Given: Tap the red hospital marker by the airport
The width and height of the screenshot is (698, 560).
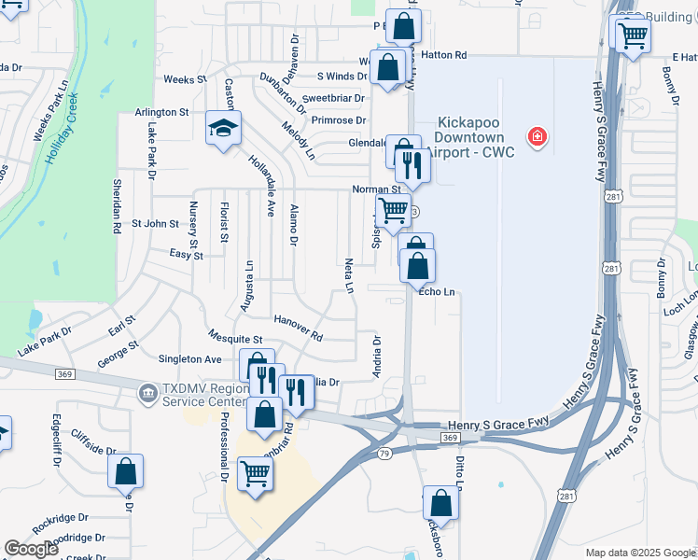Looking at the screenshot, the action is [x=537, y=138].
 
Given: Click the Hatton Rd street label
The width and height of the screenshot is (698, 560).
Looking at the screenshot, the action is [x=443, y=55].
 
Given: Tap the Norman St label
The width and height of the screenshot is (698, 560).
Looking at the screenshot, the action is [x=376, y=189].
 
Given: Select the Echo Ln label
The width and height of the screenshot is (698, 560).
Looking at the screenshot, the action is [x=437, y=291].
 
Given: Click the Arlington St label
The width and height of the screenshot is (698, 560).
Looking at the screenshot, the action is [x=161, y=112].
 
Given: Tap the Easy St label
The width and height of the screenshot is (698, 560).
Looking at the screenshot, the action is [x=186, y=254].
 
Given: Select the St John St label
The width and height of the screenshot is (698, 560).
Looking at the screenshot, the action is [x=154, y=223].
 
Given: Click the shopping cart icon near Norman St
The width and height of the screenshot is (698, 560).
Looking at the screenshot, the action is [x=394, y=211].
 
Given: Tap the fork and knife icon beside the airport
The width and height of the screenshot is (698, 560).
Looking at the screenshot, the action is [x=412, y=166].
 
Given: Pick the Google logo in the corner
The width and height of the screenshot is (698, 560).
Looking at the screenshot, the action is [x=31, y=549].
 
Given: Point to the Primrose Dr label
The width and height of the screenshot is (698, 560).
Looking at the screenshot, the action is [x=339, y=120].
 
